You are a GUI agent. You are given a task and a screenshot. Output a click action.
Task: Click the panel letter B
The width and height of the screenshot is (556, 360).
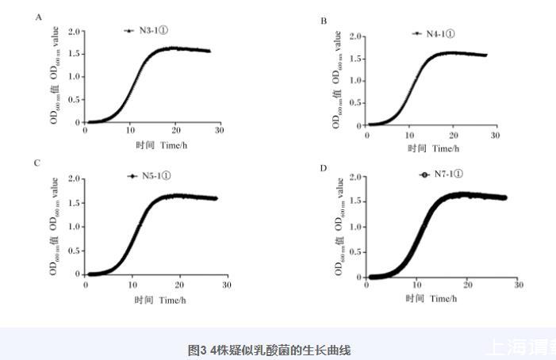(x=324, y=21)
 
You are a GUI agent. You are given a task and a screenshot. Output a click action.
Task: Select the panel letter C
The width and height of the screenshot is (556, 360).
(x=37, y=163)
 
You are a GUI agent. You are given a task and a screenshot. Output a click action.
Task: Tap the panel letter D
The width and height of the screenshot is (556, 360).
(x=324, y=167)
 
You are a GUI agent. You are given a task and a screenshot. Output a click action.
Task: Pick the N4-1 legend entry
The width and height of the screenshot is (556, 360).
(x=435, y=34)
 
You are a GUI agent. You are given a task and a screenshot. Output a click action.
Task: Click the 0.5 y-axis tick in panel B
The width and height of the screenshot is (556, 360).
(x=356, y=103)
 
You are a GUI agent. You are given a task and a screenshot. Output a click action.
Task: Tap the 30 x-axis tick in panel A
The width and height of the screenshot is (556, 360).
(x=218, y=130)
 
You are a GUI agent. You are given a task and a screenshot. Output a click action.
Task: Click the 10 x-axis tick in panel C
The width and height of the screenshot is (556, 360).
(x=133, y=283)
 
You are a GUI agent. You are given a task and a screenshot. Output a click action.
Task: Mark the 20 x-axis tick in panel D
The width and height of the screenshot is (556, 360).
(x=467, y=285)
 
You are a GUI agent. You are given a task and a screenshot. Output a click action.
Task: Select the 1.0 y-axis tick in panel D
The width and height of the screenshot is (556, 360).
(x=356, y=227)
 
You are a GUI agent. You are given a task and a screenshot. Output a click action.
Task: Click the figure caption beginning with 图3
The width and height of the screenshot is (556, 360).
(x=269, y=350)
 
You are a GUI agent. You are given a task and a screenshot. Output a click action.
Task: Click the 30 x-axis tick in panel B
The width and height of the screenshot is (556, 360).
(x=495, y=136)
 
